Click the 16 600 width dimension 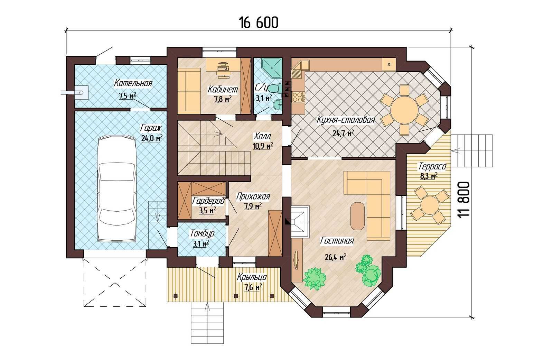pyautogui.click(x=259, y=22)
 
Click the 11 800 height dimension pyautogui.click(x=464, y=200)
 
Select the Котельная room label pyautogui.click(x=133, y=83)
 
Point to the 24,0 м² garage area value pyautogui.click(x=152, y=138)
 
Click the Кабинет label pyautogui.click(x=223, y=89)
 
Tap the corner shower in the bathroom pyautogui.click(x=272, y=67)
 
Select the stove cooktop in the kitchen pyautogui.click(x=298, y=97)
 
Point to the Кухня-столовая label pyautogui.click(x=346, y=120)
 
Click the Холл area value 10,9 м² pyautogui.click(x=263, y=146)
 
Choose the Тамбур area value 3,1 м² pyautogui.click(x=201, y=244)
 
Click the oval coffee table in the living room pyautogui.click(x=357, y=216)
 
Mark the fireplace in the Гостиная pyautogui.click(x=300, y=222)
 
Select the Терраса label pyautogui.click(x=432, y=167)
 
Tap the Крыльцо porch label pyautogui.click(x=252, y=277)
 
